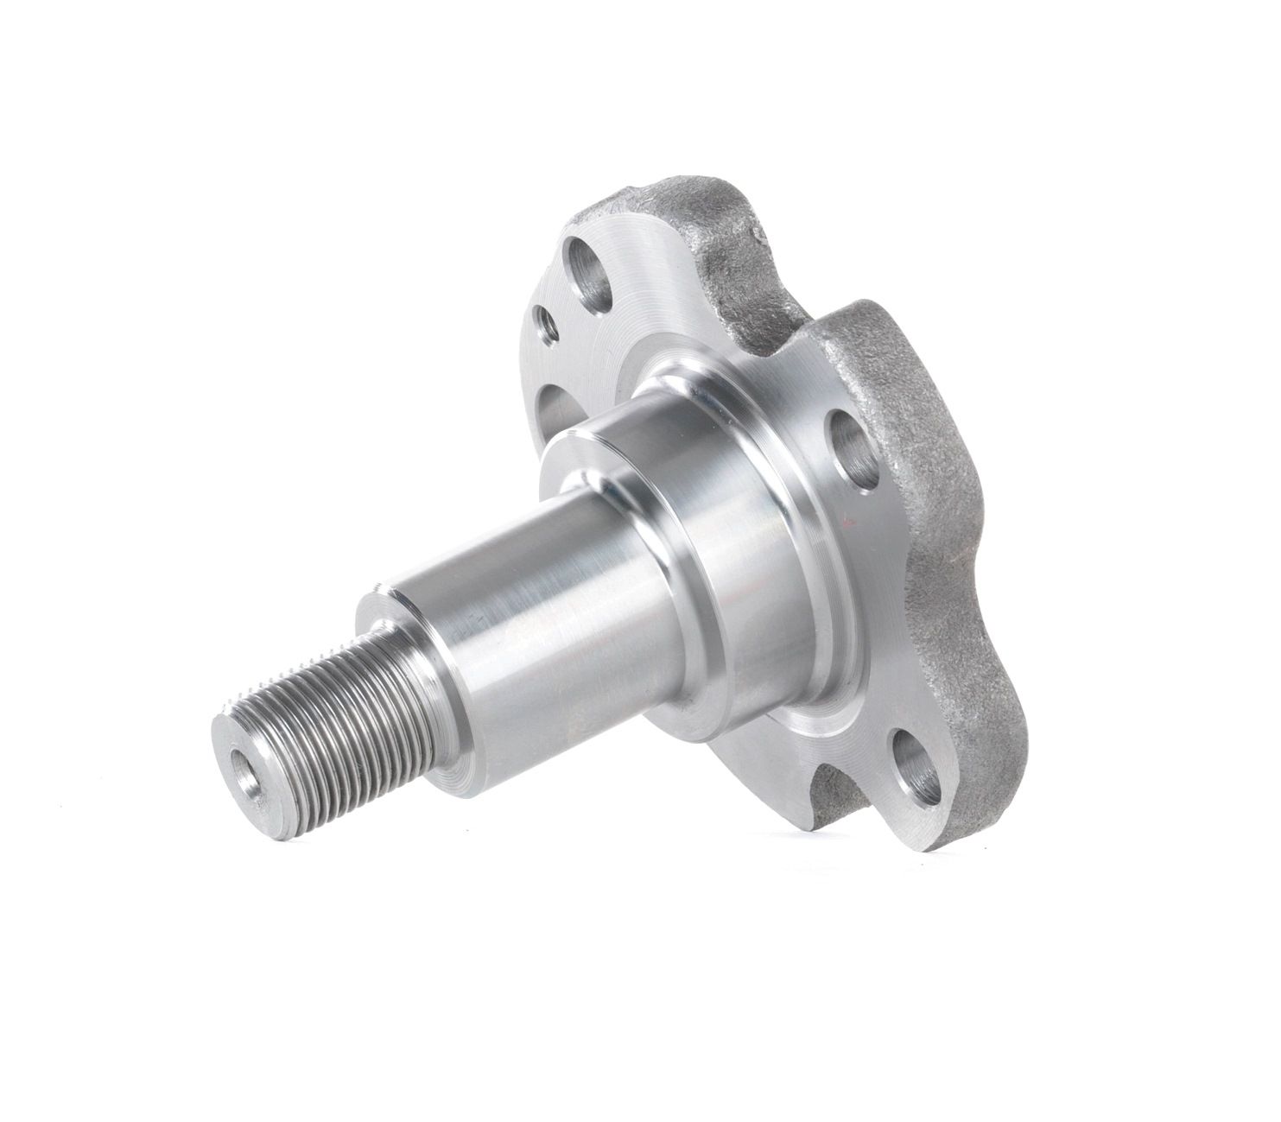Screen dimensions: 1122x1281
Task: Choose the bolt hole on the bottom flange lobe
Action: [918, 767]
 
